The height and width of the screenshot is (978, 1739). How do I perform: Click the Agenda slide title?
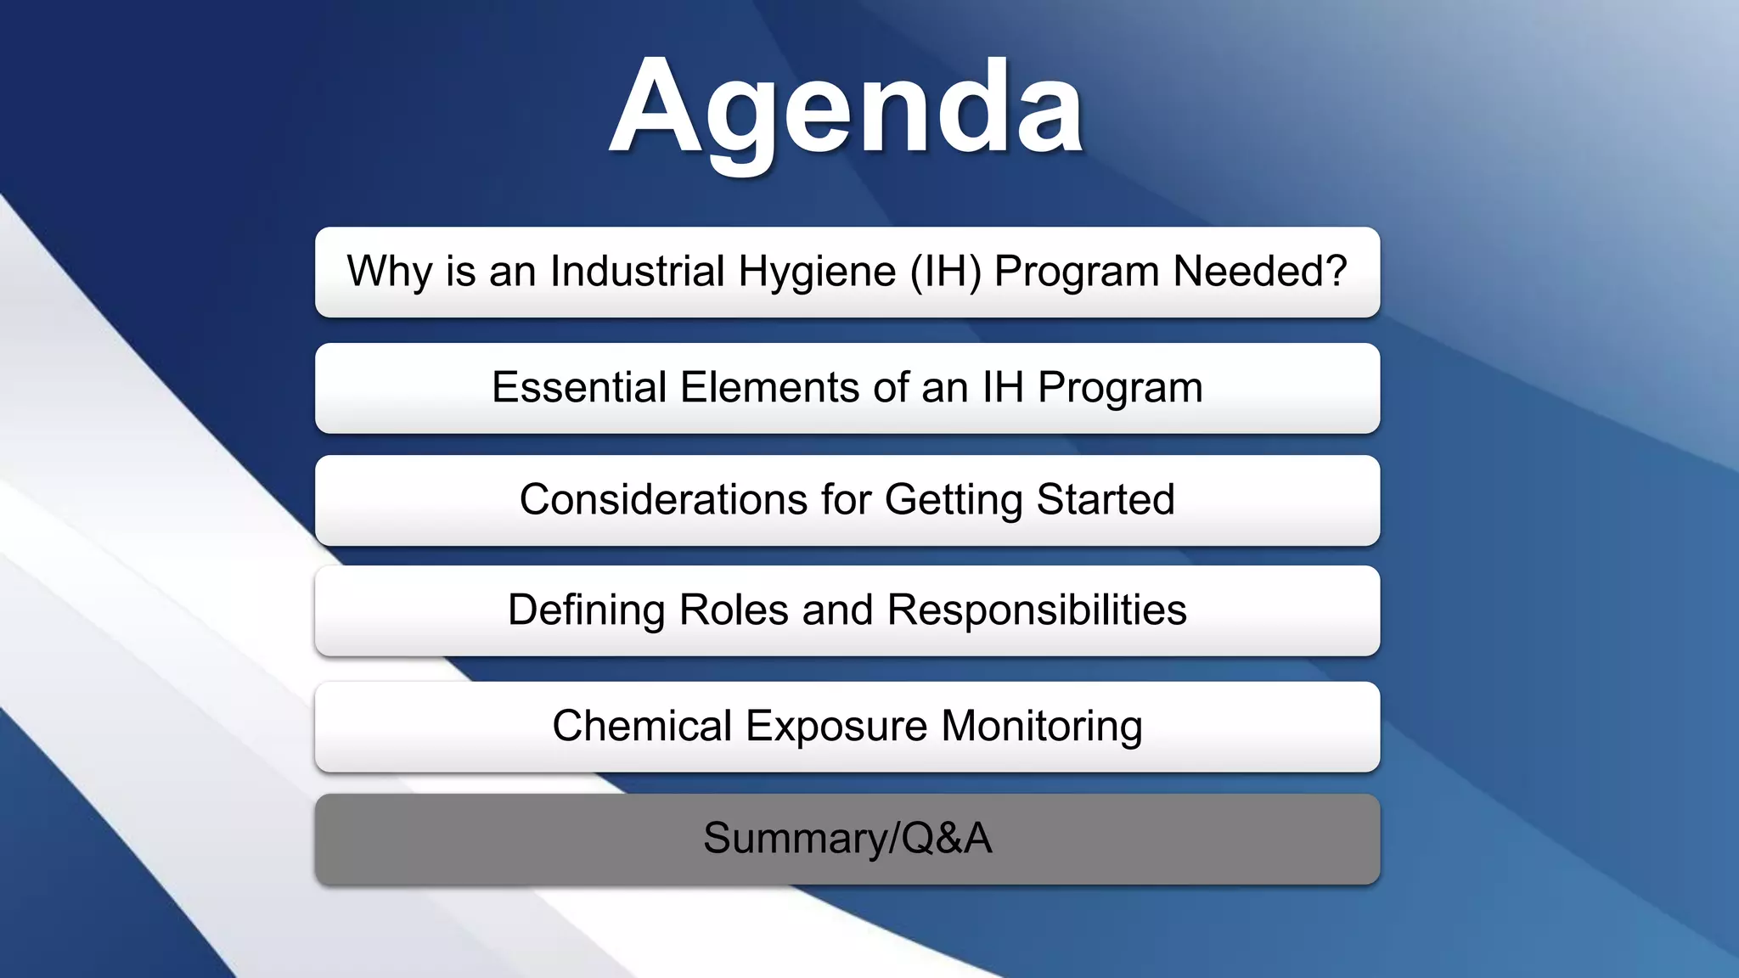tap(847, 109)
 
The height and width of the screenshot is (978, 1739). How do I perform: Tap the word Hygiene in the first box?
tap(817, 273)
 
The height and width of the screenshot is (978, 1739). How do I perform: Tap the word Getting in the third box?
tap(954, 500)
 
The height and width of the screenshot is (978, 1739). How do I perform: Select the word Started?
tap(1106, 499)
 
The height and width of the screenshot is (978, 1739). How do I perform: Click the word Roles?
tap(734, 610)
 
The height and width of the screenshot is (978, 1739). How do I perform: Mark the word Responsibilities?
tap(1037, 610)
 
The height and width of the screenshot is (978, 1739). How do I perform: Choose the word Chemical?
tap(642, 727)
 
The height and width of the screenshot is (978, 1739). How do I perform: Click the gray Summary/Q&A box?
tap(847, 839)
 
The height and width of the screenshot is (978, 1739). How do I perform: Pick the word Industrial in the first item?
tap(637, 273)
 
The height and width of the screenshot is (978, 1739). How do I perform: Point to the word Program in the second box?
tap(1120, 389)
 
